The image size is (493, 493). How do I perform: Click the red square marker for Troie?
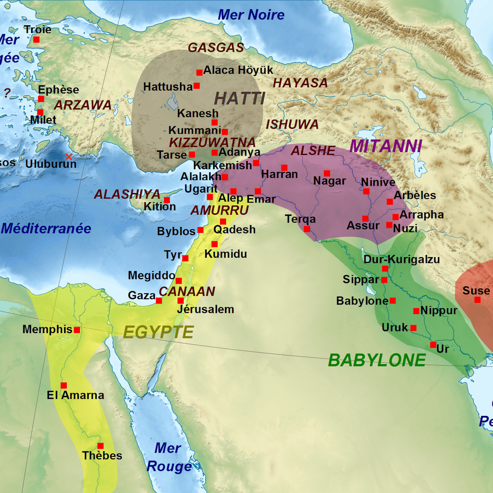click(x=36, y=39)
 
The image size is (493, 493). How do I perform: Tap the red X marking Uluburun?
click(x=69, y=156)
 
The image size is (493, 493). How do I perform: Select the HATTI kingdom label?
click(x=239, y=99)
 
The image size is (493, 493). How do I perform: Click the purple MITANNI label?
click(x=386, y=146)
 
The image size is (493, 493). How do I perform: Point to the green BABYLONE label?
click(x=377, y=360)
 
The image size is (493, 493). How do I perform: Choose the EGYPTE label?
click(x=158, y=332)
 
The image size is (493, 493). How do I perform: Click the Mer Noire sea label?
click(x=251, y=15)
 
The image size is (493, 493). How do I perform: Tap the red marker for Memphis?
click(x=77, y=330)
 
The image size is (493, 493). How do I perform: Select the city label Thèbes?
click(x=102, y=455)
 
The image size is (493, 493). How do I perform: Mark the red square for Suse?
click(x=478, y=300)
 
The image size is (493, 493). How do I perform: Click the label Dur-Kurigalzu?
click(x=401, y=260)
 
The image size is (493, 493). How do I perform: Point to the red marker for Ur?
click(x=433, y=345)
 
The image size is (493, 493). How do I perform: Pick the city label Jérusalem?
click(x=205, y=309)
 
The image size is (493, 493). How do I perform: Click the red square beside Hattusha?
click(x=197, y=86)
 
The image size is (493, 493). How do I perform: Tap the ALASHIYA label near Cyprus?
click(x=127, y=194)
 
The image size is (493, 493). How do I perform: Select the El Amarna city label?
click(x=75, y=395)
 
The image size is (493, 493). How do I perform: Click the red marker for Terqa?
click(x=307, y=229)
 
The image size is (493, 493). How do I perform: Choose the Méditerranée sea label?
click(x=46, y=229)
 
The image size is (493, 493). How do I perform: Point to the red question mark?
click(x=7, y=93)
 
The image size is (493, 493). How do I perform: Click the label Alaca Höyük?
click(x=238, y=70)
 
